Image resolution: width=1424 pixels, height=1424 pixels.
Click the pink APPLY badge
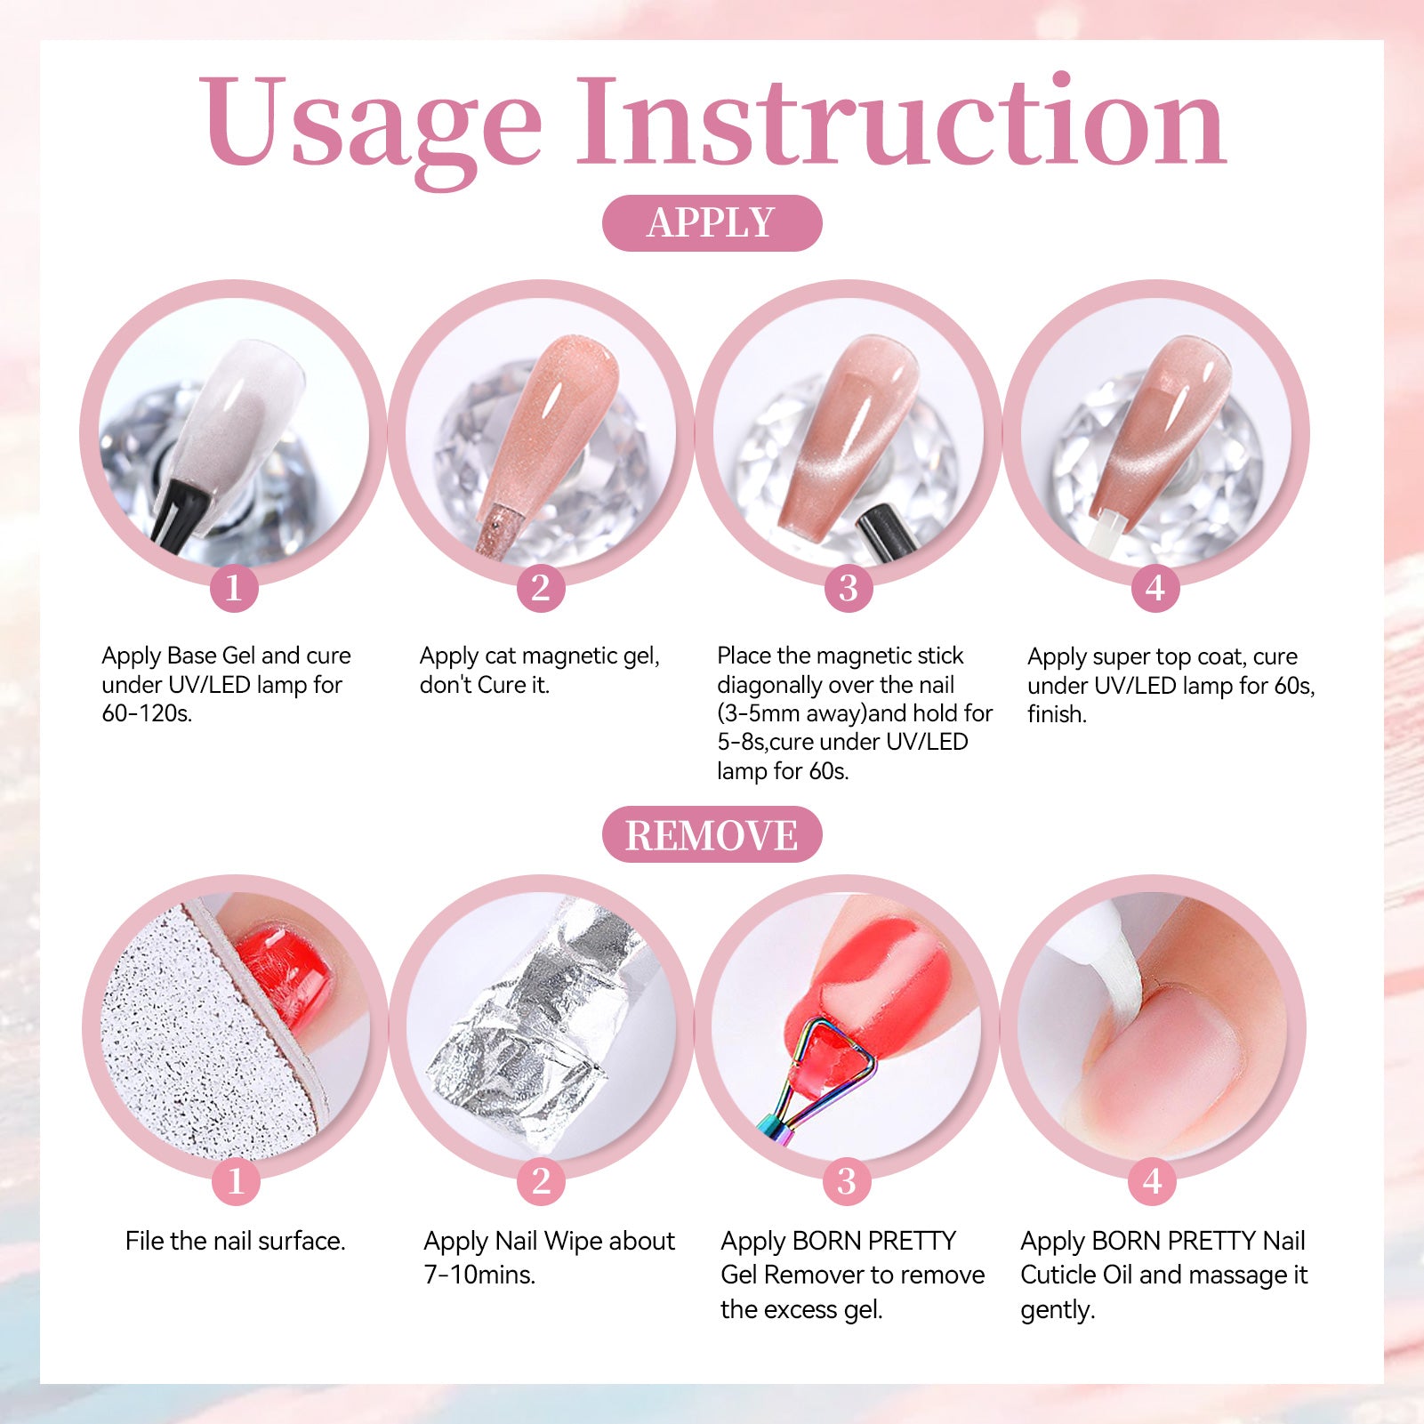pos(712,222)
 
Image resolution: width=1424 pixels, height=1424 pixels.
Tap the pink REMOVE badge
pos(712,834)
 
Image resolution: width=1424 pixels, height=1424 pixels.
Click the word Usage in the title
pos(370,125)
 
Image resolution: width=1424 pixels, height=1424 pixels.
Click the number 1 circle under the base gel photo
pos(234,588)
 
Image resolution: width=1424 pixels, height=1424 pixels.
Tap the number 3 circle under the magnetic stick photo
pos(849,588)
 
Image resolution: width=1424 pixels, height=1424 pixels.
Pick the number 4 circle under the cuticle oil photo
pos(1153,1181)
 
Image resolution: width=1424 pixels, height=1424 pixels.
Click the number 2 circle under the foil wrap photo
pos(541,1181)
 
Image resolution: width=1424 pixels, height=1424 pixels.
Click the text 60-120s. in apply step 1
pos(147,713)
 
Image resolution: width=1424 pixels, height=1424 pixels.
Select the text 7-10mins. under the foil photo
pos(479,1275)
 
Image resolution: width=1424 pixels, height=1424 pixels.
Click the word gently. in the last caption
pos(1058,1310)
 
